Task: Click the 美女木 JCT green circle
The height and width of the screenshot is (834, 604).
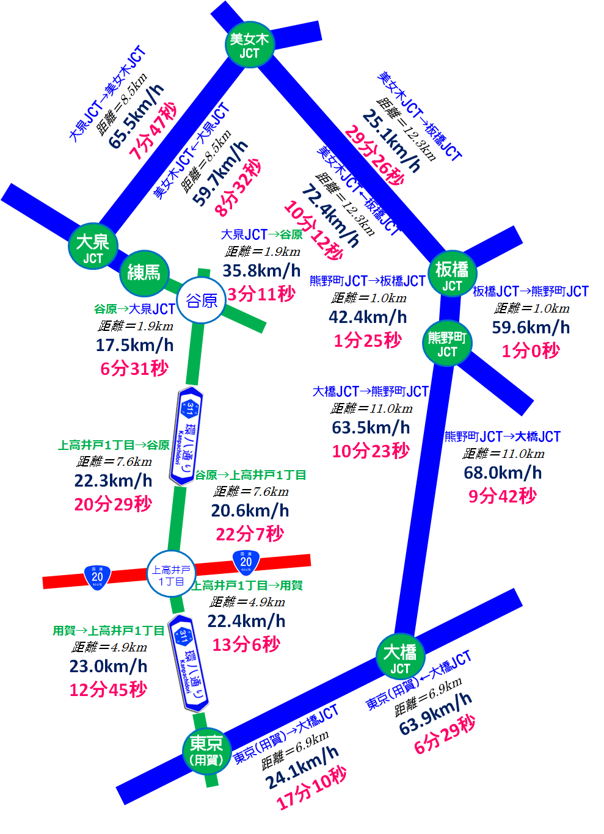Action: coord(249,45)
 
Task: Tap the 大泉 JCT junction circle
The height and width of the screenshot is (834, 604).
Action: coord(93,247)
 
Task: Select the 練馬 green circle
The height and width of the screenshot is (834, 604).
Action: coord(144,272)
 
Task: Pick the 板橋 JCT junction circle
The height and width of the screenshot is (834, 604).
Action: coord(452,275)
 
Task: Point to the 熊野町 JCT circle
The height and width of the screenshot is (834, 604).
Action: coord(446,343)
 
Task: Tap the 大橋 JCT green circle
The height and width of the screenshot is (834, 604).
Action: coord(400,658)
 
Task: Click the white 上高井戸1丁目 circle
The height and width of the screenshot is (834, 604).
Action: coord(171,575)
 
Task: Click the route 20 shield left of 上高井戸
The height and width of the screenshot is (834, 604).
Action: coord(97,577)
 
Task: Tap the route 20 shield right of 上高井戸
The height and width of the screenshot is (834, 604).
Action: coord(246,562)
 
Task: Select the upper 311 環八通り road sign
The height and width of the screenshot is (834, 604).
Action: coord(187,435)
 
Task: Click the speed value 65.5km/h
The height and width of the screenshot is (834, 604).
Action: coord(136,116)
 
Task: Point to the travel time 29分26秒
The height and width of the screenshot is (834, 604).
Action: coord(374,155)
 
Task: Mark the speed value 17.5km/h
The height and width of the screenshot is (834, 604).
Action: coord(134,345)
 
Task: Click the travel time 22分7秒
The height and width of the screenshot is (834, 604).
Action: coord(250,534)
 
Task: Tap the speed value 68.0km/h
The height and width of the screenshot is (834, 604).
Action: coord(503,473)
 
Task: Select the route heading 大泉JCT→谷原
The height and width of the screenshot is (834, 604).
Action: coord(261,234)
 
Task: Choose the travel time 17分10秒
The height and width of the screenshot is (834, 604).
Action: coord(311,788)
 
